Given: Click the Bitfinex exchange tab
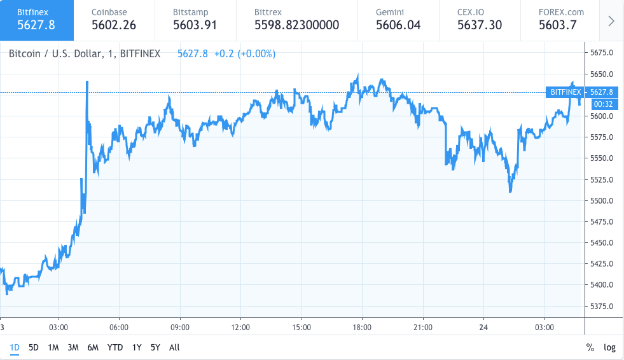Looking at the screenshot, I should click(x=37, y=19).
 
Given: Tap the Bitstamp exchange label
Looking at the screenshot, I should click(x=190, y=12).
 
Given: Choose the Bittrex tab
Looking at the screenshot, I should click(x=296, y=19).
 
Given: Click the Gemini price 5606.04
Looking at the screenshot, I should click(x=398, y=25).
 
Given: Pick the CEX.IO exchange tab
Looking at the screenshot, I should click(x=479, y=19).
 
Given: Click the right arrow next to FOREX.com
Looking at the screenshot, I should click(x=611, y=20).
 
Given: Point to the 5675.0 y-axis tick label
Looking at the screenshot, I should click(x=602, y=53).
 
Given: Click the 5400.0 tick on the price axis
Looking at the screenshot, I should click(x=602, y=285).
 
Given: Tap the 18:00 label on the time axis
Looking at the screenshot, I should click(x=362, y=328).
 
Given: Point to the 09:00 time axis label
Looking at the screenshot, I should click(x=180, y=328).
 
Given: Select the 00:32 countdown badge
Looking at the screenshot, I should click(x=602, y=103).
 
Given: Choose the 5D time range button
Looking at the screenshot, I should click(x=34, y=347).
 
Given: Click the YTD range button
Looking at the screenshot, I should click(x=115, y=347).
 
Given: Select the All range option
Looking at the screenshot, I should click(x=174, y=347).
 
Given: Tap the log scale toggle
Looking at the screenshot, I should click(x=609, y=347).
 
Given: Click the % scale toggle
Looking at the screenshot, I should click(x=590, y=347).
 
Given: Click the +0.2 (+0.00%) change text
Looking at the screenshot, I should click(x=244, y=54).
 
